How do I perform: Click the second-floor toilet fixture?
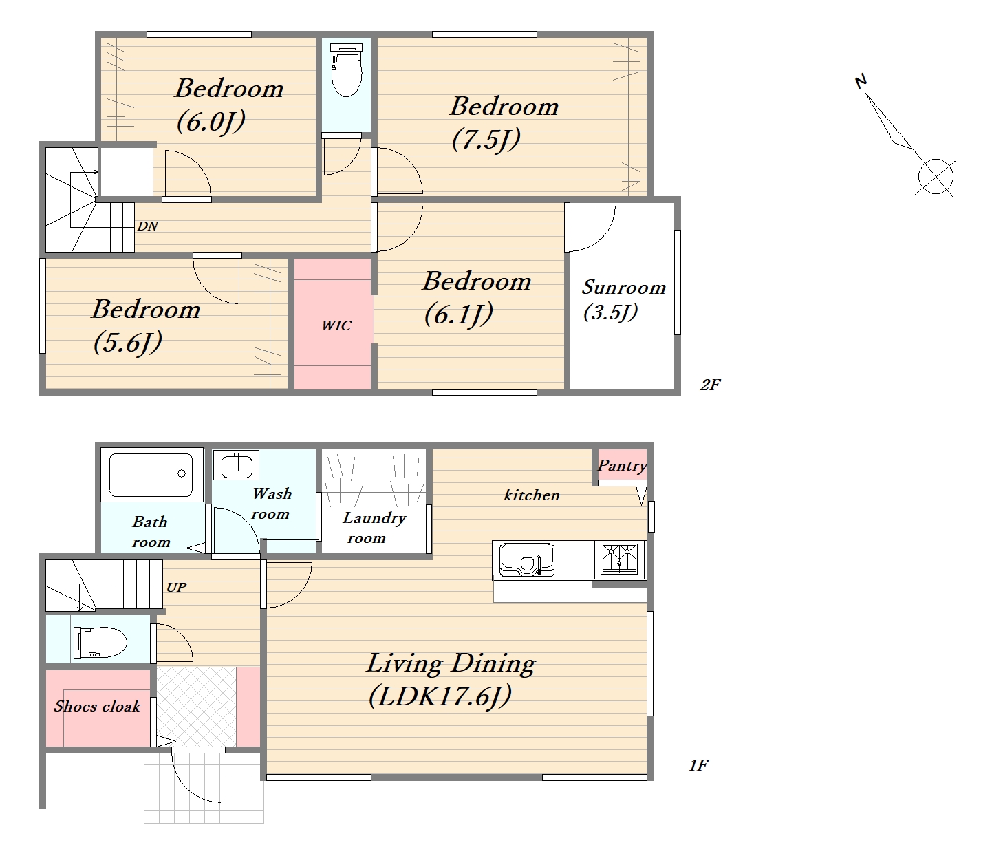coord(346,69)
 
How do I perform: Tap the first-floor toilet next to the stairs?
coord(100,642)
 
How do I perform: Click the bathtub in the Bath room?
coord(151,475)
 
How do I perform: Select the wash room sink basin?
coord(237,465)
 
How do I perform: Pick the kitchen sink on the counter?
coord(526,559)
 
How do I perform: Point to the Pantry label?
coord(622,466)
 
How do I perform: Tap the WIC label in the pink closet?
coord(336,325)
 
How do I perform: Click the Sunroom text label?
coord(624,287)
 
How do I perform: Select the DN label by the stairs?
coord(148,226)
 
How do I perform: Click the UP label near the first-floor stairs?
coord(176,587)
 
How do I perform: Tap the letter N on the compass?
coord(861,81)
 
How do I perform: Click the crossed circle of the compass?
coord(936,176)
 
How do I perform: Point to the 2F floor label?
coord(710,385)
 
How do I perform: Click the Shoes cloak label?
coord(97,707)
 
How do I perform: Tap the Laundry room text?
coord(374,527)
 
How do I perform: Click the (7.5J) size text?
coord(486,140)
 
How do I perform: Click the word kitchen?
coord(532,495)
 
